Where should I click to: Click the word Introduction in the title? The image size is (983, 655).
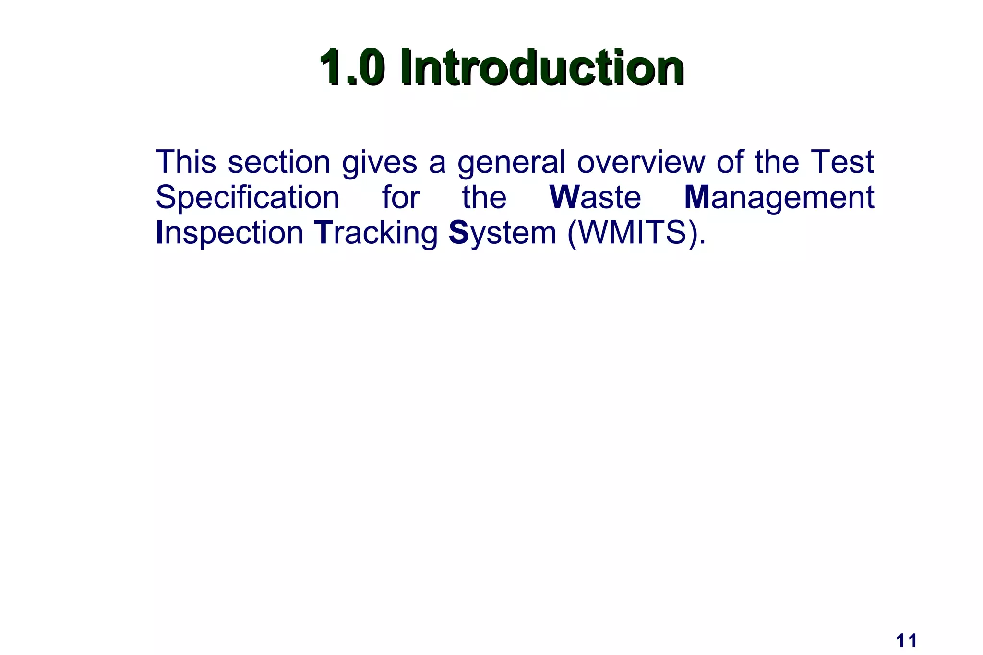pyautogui.click(x=542, y=68)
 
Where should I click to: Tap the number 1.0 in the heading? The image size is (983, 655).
pyautogui.click(x=351, y=68)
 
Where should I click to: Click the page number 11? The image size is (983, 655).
pyautogui.click(x=907, y=641)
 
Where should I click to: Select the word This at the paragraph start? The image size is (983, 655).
pyautogui.click(x=186, y=162)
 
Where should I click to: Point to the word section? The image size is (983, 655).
pyautogui.click(x=279, y=162)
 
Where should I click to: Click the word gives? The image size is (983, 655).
pyautogui.click(x=379, y=163)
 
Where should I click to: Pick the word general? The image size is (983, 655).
pyautogui.click(x=511, y=163)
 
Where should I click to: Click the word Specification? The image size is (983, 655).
pyautogui.click(x=248, y=198)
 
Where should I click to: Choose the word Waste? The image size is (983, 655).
pyautogui.click(x=596, y=197)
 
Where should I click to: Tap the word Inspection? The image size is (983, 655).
pyautogui.click(x=229, y=233)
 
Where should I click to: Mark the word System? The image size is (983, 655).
pyautogui.click(x=502, y=233)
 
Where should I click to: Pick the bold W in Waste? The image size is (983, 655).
pyautogui.click(x=564, y=197)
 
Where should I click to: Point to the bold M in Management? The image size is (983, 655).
pyautogui.click(x=697, y=197)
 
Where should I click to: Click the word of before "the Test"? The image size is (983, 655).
pyautogui.click(x=730, y=162)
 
